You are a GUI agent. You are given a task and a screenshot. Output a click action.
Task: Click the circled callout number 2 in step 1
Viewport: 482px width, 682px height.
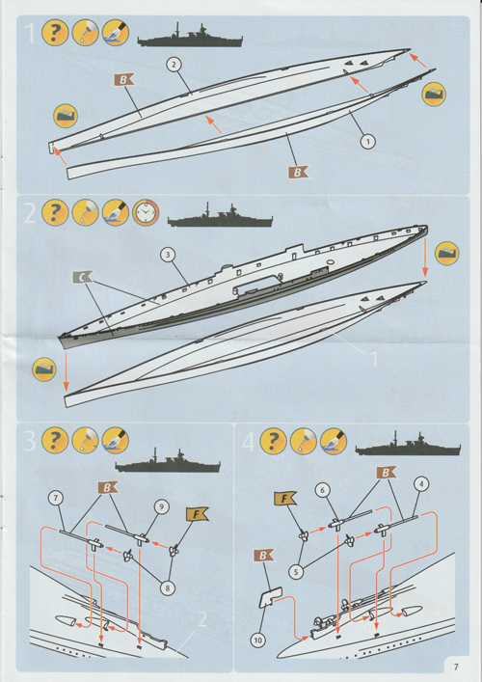pyautogui.click(x=174, y=65)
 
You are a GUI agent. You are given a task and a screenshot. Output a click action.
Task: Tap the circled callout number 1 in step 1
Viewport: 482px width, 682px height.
pyautogui.click(x=366, y=141)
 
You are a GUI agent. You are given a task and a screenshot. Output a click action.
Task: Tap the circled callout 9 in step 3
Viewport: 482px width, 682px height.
pyautogui.click(x=160, y=505)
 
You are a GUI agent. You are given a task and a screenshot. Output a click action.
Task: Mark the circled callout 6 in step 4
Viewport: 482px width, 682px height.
pyautogui.click(x=324, y=489)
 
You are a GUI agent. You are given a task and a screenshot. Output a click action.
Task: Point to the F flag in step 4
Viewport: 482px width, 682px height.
pyautogui.click(x=284, y=499)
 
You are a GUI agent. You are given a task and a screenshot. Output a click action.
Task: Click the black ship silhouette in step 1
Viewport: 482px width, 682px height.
pyautogui.click(x=189, y=39)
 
